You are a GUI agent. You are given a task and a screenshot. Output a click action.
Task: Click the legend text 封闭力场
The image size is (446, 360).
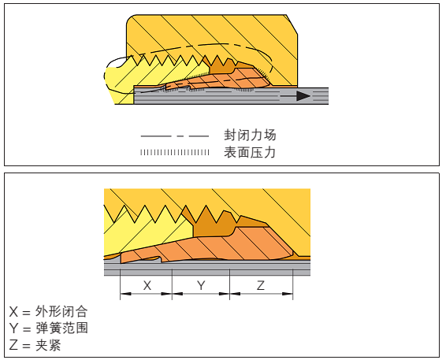tap(250, 135)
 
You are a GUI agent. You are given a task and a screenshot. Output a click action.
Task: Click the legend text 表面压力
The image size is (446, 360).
tap(250, 152)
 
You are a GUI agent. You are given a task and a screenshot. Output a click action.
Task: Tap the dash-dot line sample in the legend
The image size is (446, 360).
tap(175, 136)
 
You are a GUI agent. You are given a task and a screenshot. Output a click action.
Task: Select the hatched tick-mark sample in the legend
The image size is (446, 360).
tap(175, 152)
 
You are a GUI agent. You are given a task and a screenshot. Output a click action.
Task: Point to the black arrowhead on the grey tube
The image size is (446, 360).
tap(303, 96)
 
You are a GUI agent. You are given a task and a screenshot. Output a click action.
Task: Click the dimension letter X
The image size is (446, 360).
tap(147, 285)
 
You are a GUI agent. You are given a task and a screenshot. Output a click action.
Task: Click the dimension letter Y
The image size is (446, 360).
tap(201, 285)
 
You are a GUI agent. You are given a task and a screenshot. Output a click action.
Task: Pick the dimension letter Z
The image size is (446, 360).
tap(261, 285)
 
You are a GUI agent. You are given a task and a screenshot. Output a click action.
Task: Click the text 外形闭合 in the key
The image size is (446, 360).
tap(61, 311)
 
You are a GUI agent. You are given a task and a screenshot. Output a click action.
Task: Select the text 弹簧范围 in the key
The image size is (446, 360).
tap(61, 328)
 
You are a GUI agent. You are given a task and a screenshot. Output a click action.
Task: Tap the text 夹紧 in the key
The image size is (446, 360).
tap(48, 345)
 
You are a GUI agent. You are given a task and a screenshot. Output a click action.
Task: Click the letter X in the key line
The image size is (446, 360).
tap(13, 312)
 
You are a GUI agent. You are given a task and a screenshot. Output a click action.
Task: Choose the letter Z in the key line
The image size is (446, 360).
tap(13, 346)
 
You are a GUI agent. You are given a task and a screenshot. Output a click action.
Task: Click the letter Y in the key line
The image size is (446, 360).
tap(13, 328)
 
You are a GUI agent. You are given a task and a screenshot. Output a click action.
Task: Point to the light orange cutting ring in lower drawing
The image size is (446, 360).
tap(216, 247)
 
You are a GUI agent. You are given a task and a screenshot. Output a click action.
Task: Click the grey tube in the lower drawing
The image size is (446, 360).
tap(207, 268)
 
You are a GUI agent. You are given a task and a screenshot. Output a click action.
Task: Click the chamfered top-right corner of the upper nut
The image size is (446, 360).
tap(292, 24)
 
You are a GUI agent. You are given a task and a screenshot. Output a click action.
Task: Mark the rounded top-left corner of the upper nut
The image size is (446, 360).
tap(130, 18)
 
